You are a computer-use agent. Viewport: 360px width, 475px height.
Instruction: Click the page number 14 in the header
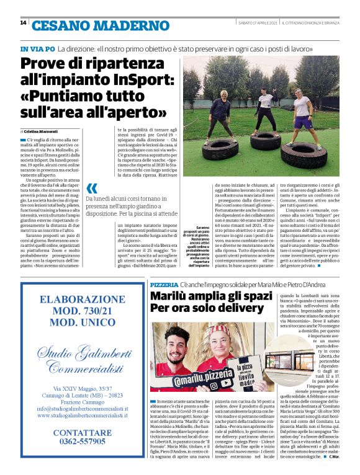click(x=23, y=23)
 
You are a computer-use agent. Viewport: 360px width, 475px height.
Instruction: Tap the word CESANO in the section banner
click(x=59, y=25)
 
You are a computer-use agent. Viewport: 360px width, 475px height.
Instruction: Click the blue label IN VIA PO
click(x=37, y=48)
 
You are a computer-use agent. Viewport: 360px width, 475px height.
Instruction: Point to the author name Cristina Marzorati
click(x=43, y=132)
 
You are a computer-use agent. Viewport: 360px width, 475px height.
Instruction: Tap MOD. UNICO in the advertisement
click(x=74, y=324)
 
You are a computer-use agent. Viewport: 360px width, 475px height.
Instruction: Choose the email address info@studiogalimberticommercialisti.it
click(x=74, y=409)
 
